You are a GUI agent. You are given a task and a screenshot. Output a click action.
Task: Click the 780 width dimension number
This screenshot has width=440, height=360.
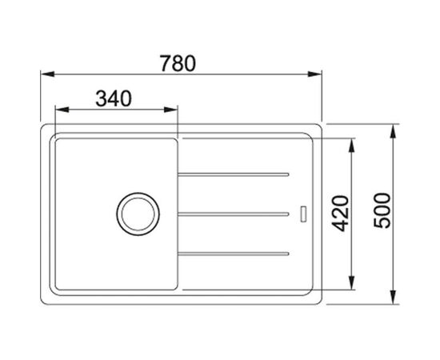click(178, 63)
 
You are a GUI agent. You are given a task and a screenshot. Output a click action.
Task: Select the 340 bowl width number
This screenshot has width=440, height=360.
click(114, 98)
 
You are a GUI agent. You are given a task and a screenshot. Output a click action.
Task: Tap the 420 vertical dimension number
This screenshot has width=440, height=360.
click(340, 214)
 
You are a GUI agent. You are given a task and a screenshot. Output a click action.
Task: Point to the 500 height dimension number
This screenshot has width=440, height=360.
click(382, 210)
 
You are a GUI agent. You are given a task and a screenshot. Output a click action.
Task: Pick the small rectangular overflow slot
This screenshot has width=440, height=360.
click(303, 214)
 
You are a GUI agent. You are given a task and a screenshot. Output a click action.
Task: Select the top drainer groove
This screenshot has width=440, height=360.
click(234, 174)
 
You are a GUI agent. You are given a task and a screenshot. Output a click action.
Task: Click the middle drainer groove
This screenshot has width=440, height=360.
click(234, 214)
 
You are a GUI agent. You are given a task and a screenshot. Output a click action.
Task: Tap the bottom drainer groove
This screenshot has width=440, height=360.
click(234, 254)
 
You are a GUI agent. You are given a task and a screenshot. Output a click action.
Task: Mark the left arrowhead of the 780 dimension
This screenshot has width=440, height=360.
click(47, 74)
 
